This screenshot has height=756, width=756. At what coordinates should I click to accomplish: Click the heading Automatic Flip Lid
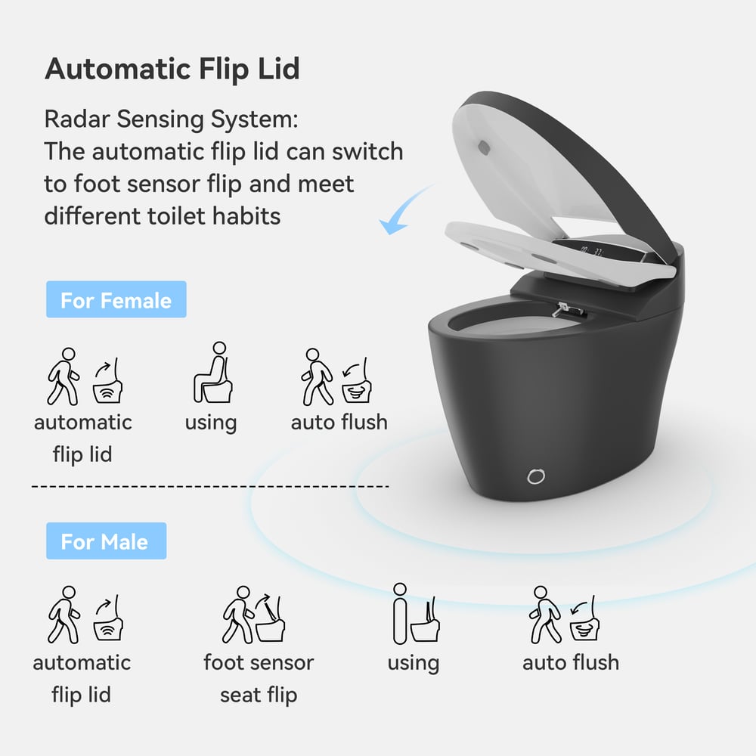(x=172, y=69)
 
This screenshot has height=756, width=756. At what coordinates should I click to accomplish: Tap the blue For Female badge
(x=116, y=300)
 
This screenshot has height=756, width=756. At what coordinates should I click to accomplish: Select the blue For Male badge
(x=105, y=541)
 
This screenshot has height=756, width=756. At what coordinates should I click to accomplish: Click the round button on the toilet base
(x=536, y=476)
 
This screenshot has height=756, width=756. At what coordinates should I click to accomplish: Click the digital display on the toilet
(x=590, y=251)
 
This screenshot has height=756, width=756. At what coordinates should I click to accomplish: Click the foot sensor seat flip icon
(x=258, y=615)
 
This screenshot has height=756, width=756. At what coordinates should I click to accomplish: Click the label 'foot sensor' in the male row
(x=259, y=663)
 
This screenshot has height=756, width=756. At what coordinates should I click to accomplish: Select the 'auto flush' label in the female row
(x=339, y=422)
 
